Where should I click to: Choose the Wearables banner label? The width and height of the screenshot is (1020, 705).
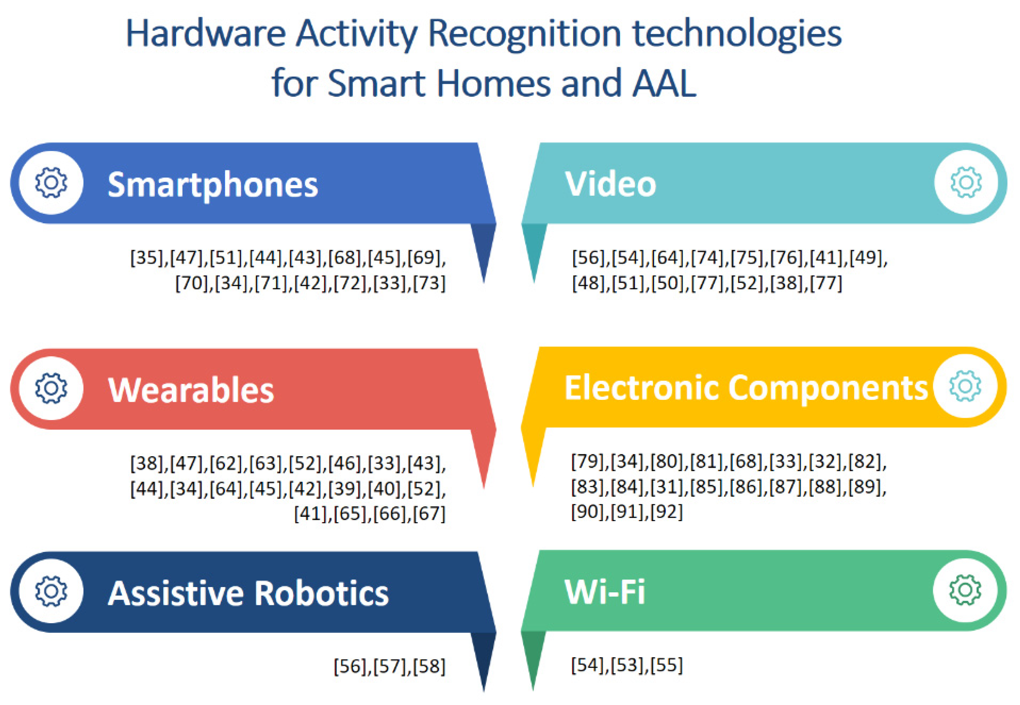click(x=191, y=390)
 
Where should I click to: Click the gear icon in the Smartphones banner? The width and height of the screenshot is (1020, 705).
click(x=51, y=183)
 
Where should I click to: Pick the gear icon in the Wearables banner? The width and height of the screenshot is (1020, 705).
click(x=51, y=388)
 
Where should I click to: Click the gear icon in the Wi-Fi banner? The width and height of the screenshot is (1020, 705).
click(x=965, y=590)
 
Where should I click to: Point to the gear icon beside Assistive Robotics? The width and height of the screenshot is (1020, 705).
click(x=51, y=591)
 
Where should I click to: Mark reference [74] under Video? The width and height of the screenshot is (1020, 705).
click(x=708, y=257)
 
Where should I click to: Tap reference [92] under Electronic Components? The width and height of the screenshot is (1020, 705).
click(x=666, y=512)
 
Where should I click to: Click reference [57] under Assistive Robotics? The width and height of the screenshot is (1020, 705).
click(x=390, y=666)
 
